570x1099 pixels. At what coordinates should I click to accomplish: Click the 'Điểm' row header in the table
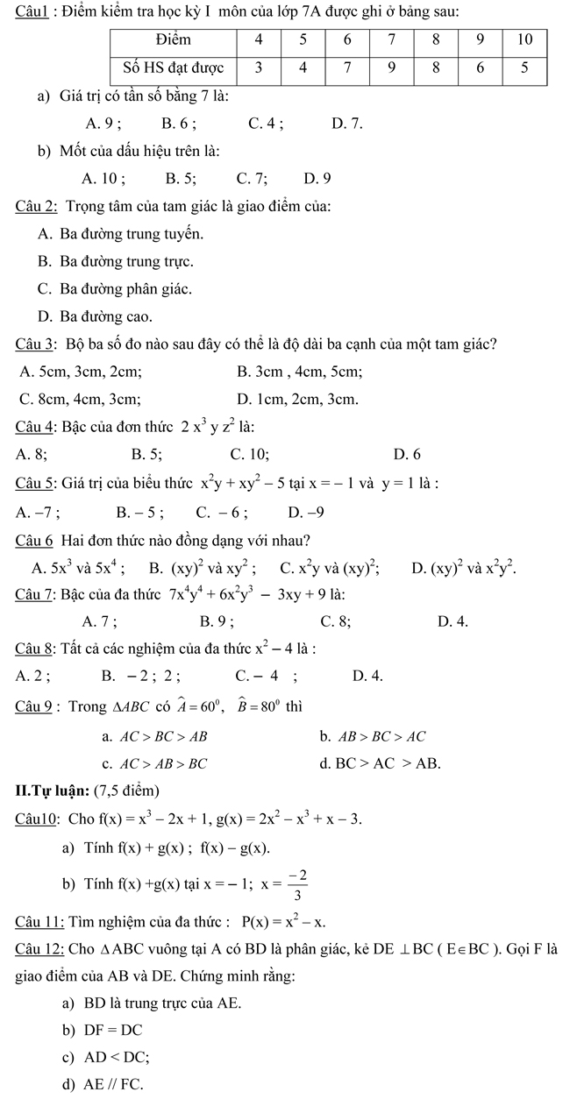point(172,39)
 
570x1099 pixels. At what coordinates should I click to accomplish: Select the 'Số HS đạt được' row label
point(172,68)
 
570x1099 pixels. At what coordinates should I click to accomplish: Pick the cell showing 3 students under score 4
point(260,68)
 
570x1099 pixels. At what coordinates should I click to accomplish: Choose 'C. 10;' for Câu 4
point(249,453)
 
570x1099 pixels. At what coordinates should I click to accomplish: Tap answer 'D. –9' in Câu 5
point(305,510)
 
